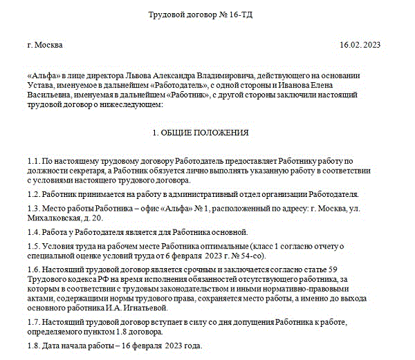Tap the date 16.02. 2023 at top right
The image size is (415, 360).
point(360,45)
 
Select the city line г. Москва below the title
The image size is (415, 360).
point(46,45)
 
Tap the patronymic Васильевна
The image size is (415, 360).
point(52,95)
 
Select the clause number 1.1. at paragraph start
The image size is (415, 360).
point(35,159)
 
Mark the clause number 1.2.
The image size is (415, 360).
point(35,194)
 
